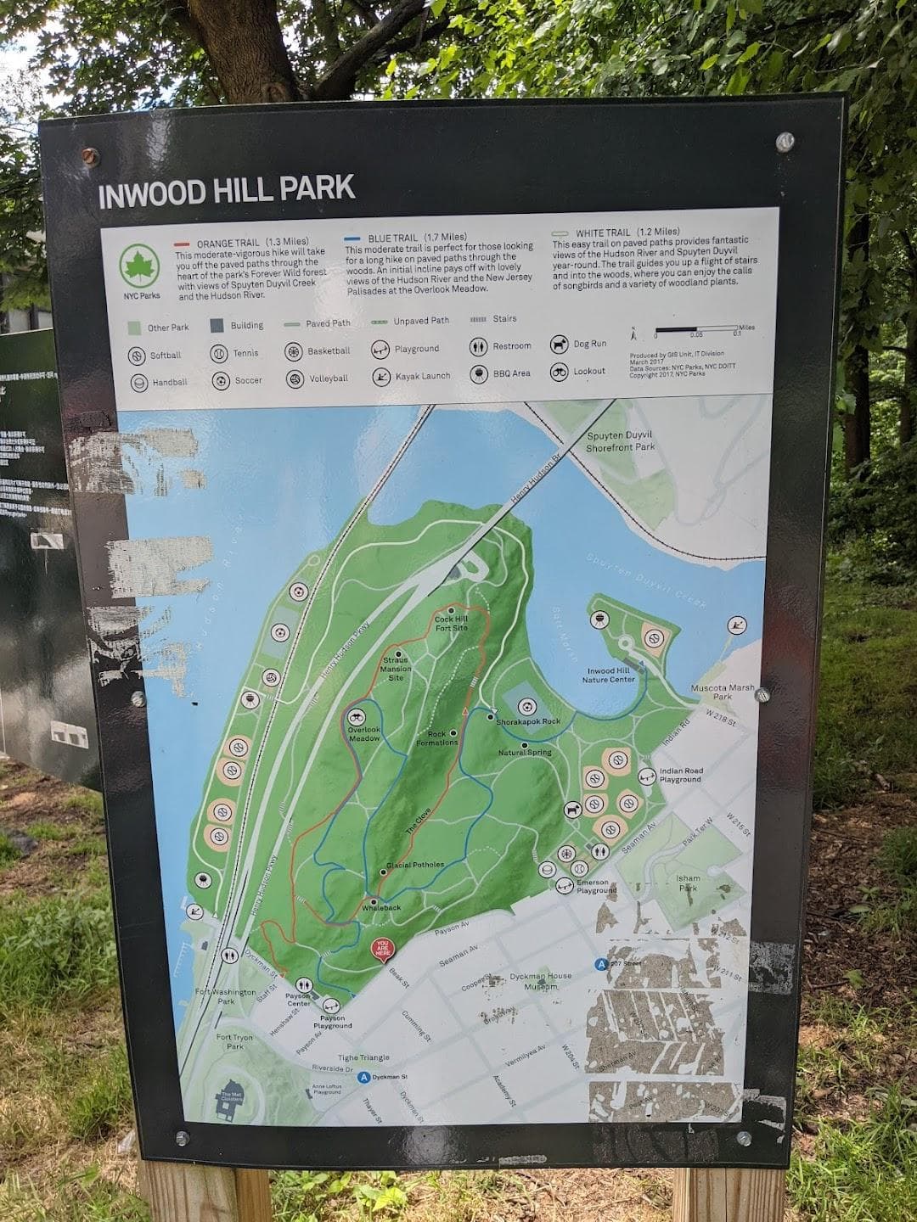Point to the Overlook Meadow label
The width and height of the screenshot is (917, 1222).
[x=364, y=733]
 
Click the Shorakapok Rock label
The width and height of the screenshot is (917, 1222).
[x=528, y=721]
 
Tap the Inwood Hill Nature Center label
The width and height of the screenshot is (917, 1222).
[x=609, y=675]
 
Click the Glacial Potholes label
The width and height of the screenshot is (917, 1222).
[x=415, y=865]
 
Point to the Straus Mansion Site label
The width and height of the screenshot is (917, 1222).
[x=395, y=669]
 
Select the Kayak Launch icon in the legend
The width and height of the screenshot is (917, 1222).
[x=380, y=376]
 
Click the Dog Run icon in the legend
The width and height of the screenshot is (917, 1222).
[x=558, y=345]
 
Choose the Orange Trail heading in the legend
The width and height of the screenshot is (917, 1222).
[x=241, y=242]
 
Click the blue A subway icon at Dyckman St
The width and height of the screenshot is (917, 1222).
[x=363, y=1079]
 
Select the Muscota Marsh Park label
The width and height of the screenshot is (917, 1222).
[x=710, y=691]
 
